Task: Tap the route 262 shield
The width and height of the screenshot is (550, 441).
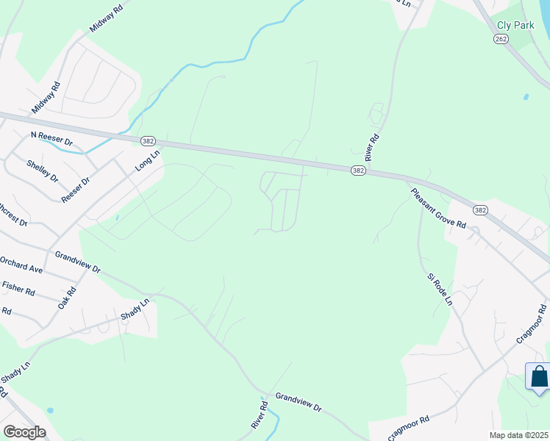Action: [501, 39]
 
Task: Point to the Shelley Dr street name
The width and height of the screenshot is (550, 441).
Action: [42, 171]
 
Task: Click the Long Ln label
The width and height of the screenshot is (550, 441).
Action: [147, 162]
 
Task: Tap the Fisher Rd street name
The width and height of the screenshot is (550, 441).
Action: [18, 287]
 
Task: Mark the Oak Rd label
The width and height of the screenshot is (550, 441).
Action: [68, 296]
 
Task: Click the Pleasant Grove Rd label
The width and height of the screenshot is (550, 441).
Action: [439, 207]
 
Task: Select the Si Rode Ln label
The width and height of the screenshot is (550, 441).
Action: [440, 290]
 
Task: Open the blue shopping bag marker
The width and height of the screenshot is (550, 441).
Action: [539, 377]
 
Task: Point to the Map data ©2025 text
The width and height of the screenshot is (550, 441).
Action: [518, 435]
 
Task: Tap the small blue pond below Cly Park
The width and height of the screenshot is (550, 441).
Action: [526, 97]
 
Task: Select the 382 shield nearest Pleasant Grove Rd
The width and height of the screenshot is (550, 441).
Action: [479, 210]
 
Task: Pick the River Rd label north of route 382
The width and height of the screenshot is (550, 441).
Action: [374, 148]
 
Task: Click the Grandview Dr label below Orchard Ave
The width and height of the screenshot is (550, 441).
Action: [78, 262]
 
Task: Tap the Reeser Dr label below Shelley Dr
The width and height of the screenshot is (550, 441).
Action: [76, 190]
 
